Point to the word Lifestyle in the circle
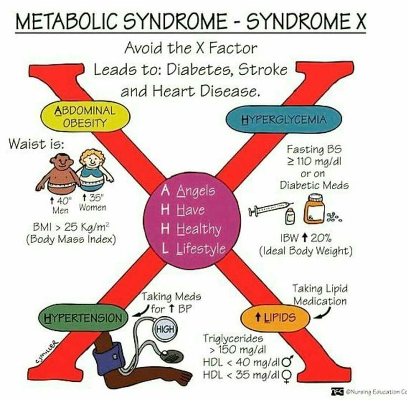pos(201,248)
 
